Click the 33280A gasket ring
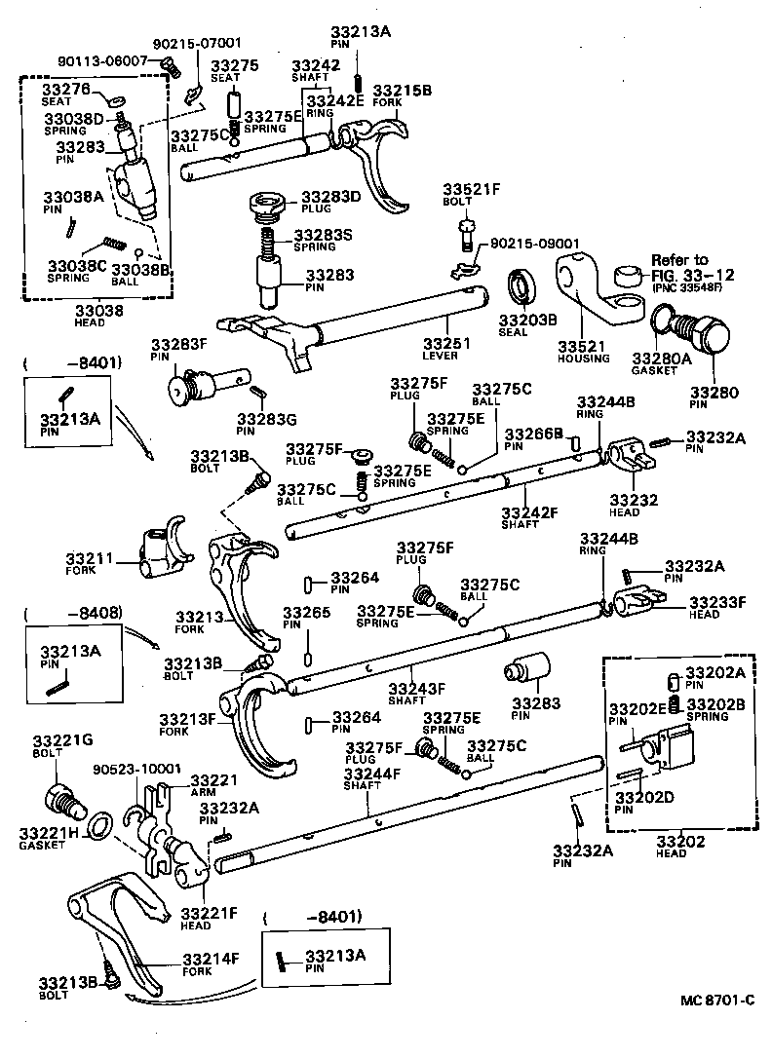[x=665, y=318]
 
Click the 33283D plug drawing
[x=265, y=207]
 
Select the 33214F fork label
[x=210, y=959]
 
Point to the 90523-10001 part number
[x=136, y=769]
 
